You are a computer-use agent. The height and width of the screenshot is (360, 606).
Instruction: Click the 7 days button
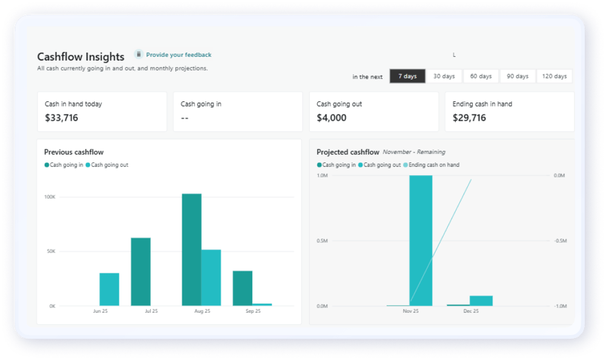407,76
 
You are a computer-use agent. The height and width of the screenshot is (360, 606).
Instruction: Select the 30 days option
444,76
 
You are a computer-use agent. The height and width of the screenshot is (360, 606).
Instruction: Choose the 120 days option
554,76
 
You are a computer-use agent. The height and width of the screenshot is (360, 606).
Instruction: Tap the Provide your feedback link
178,55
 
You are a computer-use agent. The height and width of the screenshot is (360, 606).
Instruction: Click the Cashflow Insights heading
81,56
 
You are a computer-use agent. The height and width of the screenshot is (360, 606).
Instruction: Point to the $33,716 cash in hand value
61,118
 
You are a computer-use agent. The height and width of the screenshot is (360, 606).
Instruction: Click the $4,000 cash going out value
331,118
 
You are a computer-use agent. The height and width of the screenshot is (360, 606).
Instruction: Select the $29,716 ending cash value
469,118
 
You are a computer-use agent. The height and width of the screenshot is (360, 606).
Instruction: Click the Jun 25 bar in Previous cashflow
109,289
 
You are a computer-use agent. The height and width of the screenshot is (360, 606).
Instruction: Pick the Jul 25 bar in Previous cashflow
141,272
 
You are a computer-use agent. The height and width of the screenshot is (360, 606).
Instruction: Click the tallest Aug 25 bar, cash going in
191,250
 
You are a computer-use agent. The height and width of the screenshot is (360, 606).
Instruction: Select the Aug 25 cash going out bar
211,278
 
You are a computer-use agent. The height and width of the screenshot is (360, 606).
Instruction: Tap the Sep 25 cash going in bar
242,288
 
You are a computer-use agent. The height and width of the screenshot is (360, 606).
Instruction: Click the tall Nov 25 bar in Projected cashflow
421,241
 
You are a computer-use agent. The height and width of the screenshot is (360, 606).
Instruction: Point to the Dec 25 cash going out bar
481,301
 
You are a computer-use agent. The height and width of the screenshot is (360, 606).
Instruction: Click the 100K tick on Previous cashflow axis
50,197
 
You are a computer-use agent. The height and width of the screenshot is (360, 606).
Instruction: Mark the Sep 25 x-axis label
253,311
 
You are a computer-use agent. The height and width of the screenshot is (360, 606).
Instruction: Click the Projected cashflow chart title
348,152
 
